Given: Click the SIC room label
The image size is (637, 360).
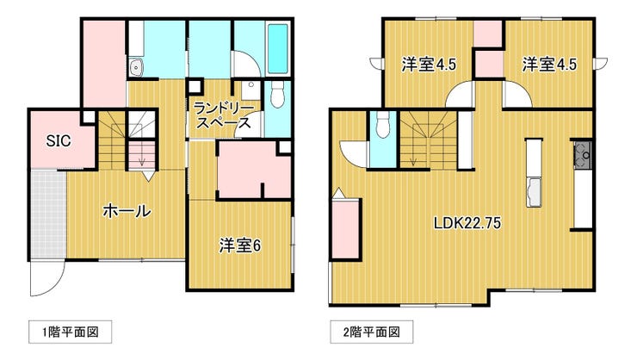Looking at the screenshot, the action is pyautogui.click(x=59, y=141).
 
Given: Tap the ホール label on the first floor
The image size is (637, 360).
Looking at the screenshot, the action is pyautogui.click(x=127, y=211).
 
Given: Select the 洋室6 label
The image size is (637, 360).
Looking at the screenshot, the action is pyautogui.click(x=240, y=245).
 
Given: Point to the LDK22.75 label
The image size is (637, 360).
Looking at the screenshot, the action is pyautogui.click(x=467, y=223).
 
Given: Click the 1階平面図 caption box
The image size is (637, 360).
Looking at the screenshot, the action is pyautogui.click(x=71, y=332).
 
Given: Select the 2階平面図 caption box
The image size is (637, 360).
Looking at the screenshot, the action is pyautogui.click(x=371, y=332).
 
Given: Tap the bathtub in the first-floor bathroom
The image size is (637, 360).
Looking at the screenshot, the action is pyautogui.click(x=278, y=49).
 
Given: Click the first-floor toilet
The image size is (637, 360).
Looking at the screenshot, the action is pyautogui.click(x=277, y=94).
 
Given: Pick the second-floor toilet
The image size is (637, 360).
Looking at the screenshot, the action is pyautogui.click(x=383, y=124).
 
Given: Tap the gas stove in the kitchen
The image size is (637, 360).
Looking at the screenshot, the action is pyautogui.click(x=583, y=154).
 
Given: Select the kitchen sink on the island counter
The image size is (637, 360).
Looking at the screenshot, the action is pyautogui.click(x=534, y=192).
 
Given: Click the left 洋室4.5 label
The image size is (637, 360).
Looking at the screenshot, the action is pyautogui.click(x=429, y=65).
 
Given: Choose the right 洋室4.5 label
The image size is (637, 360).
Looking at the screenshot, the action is pyautogui.click(x=549, y=65).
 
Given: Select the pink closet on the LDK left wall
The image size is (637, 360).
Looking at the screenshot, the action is pyautogui.click(x=346, y=229).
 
